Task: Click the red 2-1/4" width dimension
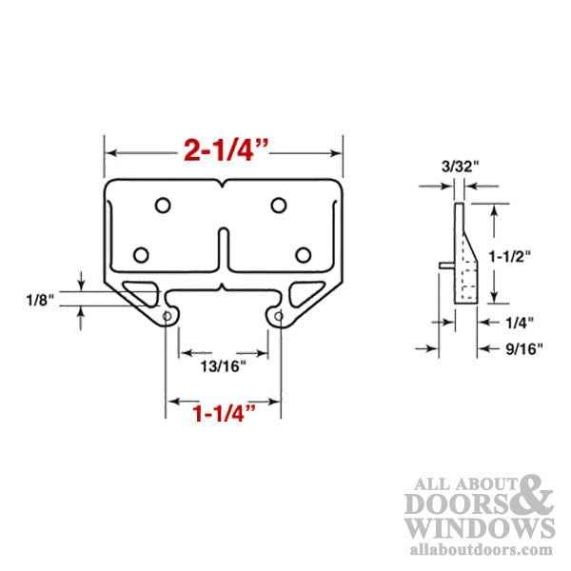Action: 224,151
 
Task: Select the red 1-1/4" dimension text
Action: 224,413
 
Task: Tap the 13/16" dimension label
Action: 224,364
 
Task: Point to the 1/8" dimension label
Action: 41,299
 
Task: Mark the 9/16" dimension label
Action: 522,348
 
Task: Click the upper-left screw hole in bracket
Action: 163,205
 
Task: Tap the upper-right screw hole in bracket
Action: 278,205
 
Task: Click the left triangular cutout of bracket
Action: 141,292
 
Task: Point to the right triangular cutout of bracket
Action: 306,292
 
